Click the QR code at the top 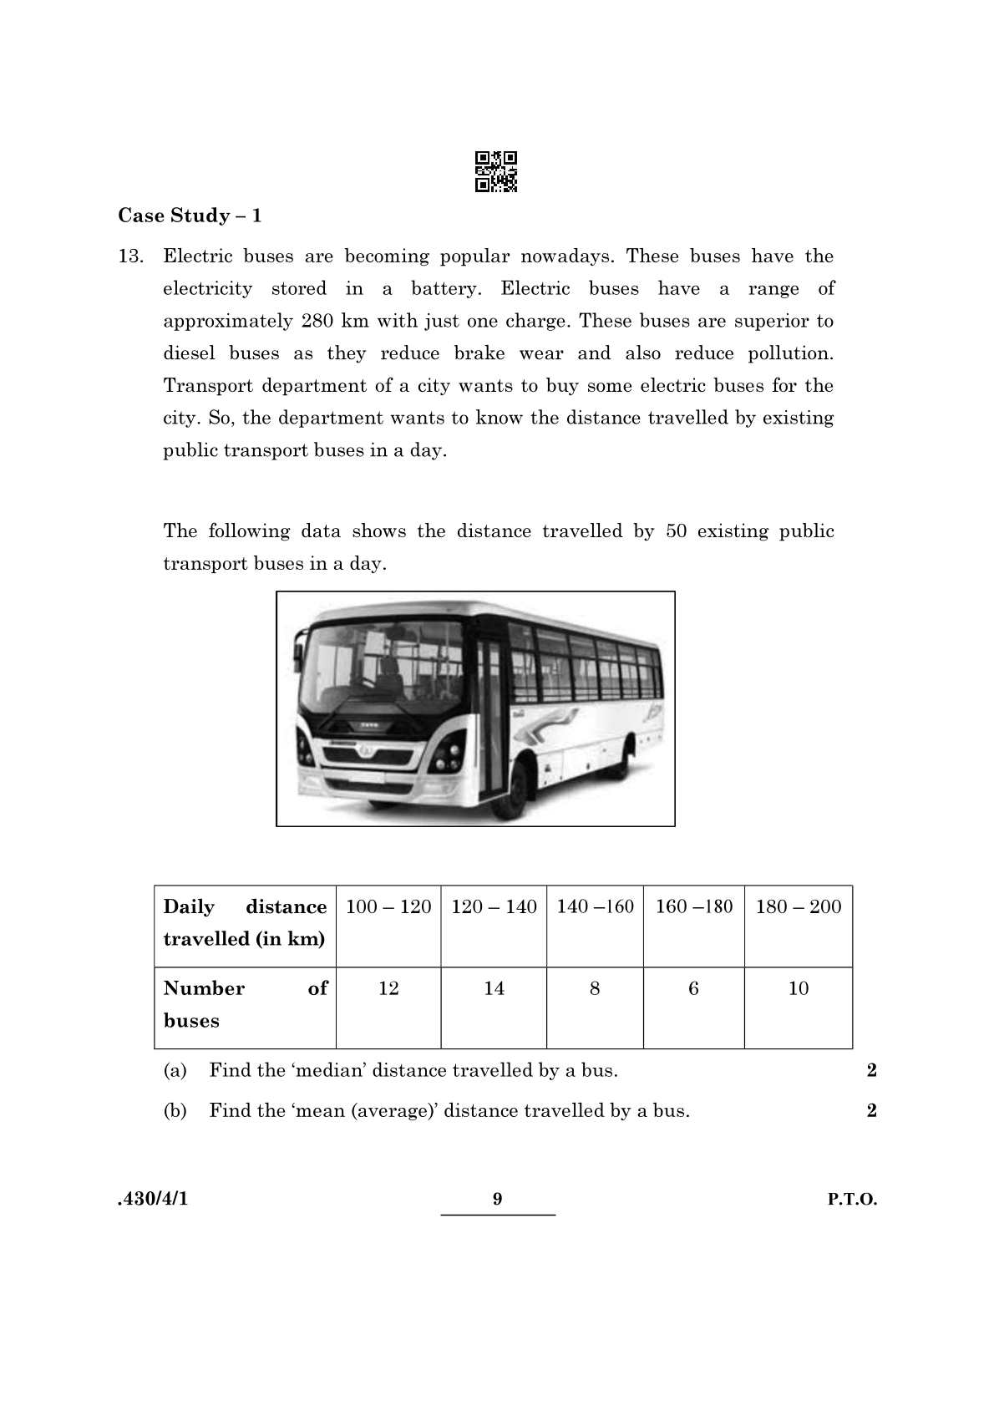[496, 171]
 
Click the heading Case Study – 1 [190, 216]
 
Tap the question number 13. [130, 256]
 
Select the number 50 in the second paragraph [676, 531]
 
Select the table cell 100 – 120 [388, 907]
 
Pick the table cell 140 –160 [595, 907]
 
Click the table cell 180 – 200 [798, 907]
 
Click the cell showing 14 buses [494, 989]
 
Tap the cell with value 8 [595, 989]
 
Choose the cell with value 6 [693, 989]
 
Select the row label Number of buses [245, 1005]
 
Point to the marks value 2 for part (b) [871, 1111]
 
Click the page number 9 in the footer [498, 1200]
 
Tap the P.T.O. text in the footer [852, 1200]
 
